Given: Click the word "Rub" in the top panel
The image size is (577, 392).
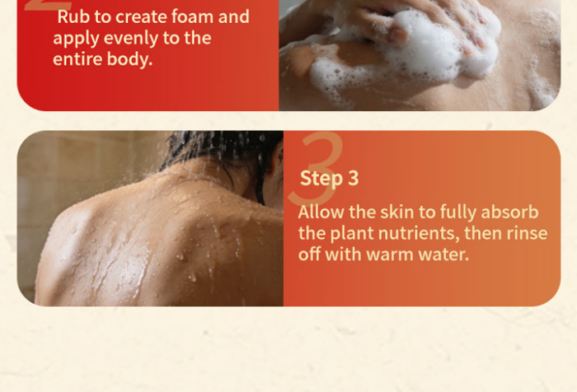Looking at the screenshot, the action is click(73, 16).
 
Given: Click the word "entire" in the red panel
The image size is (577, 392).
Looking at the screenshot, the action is click(77, 58).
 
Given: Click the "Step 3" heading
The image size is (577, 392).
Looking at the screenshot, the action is click(329, 179).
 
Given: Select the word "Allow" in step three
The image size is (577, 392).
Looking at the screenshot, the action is click(321, 212).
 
